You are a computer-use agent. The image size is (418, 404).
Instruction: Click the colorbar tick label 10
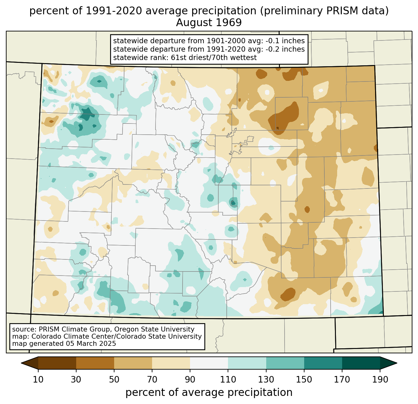pyautogui.click(x=38, y=380)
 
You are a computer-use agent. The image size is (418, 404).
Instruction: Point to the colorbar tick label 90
pyautogui.click(x=190, y=380)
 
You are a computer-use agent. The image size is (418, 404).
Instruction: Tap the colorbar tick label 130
pyautogui.click(x=266, y=380)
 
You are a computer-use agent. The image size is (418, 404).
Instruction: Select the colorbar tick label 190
pyautogui.click(x=380, y=380)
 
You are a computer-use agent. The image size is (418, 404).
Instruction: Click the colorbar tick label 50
pyautogui.click(x=114, y=380)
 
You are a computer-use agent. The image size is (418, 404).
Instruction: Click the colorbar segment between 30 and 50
pyautogui.click(x=95, y=363)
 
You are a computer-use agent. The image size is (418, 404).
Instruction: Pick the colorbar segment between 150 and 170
pyautogui.click(x=323, y=363)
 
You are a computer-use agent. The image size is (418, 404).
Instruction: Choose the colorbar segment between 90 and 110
pyautogui.click(x=209, y=363)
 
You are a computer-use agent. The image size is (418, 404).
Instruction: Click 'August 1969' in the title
pyautogui.click(x=209, y=23)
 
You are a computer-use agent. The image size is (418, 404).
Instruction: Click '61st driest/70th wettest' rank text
pyautogui.click(x=214, y=58)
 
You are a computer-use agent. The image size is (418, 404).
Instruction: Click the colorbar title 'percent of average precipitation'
pyautogui.click(x=209, y=392)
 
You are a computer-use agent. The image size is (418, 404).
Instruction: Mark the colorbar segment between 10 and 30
pyautogui.click(x=57, y=363)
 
